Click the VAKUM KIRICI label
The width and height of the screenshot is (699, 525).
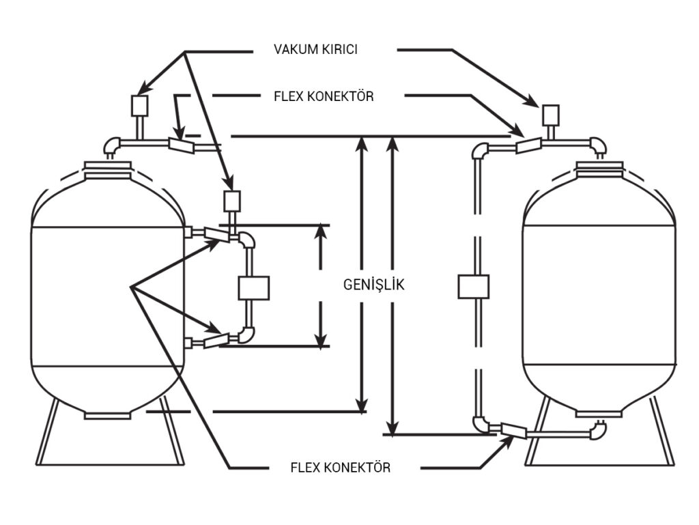315,49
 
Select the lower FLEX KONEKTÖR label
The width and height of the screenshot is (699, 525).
340,468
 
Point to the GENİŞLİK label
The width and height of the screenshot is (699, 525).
373,284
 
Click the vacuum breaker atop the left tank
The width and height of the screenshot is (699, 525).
139,106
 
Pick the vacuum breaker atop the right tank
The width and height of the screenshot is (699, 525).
551,115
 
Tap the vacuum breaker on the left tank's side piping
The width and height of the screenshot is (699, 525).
232,201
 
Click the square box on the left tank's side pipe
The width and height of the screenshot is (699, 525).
254,288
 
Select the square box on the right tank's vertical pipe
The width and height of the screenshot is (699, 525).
474,287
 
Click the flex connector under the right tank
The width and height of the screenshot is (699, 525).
513,430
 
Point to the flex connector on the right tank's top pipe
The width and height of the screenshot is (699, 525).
529,145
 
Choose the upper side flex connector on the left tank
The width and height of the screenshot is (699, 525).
217,234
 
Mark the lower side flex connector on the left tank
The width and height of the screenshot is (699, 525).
216,341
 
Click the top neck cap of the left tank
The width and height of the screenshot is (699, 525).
107,170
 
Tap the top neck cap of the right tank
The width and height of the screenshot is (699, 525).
599,170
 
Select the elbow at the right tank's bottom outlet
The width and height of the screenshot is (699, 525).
598,430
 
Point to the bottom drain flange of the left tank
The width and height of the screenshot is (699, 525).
107,415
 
